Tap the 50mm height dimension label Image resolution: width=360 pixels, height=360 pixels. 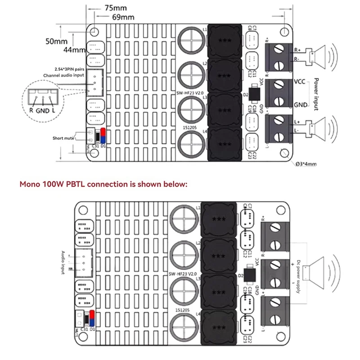(56, 41)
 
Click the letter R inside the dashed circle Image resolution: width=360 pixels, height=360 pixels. (31, 109)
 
